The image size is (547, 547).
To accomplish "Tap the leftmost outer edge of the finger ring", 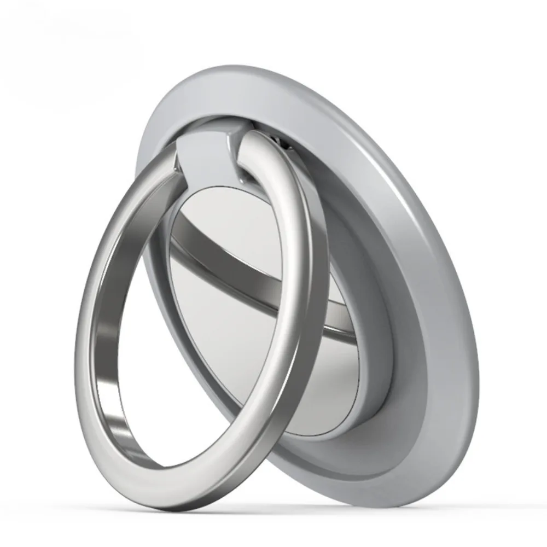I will pyautogui.click(x=77, y=328).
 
